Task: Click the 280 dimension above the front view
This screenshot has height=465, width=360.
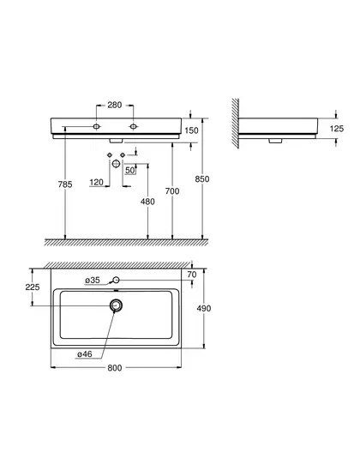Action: (114, 105)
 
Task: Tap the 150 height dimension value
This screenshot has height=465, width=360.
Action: (191, 130)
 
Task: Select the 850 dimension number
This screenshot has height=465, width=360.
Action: (202, 179)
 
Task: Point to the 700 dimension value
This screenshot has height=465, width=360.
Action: (172, 191)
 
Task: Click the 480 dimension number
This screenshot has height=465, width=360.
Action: (147, 202)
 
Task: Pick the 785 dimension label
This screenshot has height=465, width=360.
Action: (65, 184)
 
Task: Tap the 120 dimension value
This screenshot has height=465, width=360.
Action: (96, 182)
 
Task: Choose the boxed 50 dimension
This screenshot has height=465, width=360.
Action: (130, 170)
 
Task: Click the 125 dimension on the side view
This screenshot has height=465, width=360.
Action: (337, 129)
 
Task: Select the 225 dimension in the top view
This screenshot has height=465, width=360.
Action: (33, 287)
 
